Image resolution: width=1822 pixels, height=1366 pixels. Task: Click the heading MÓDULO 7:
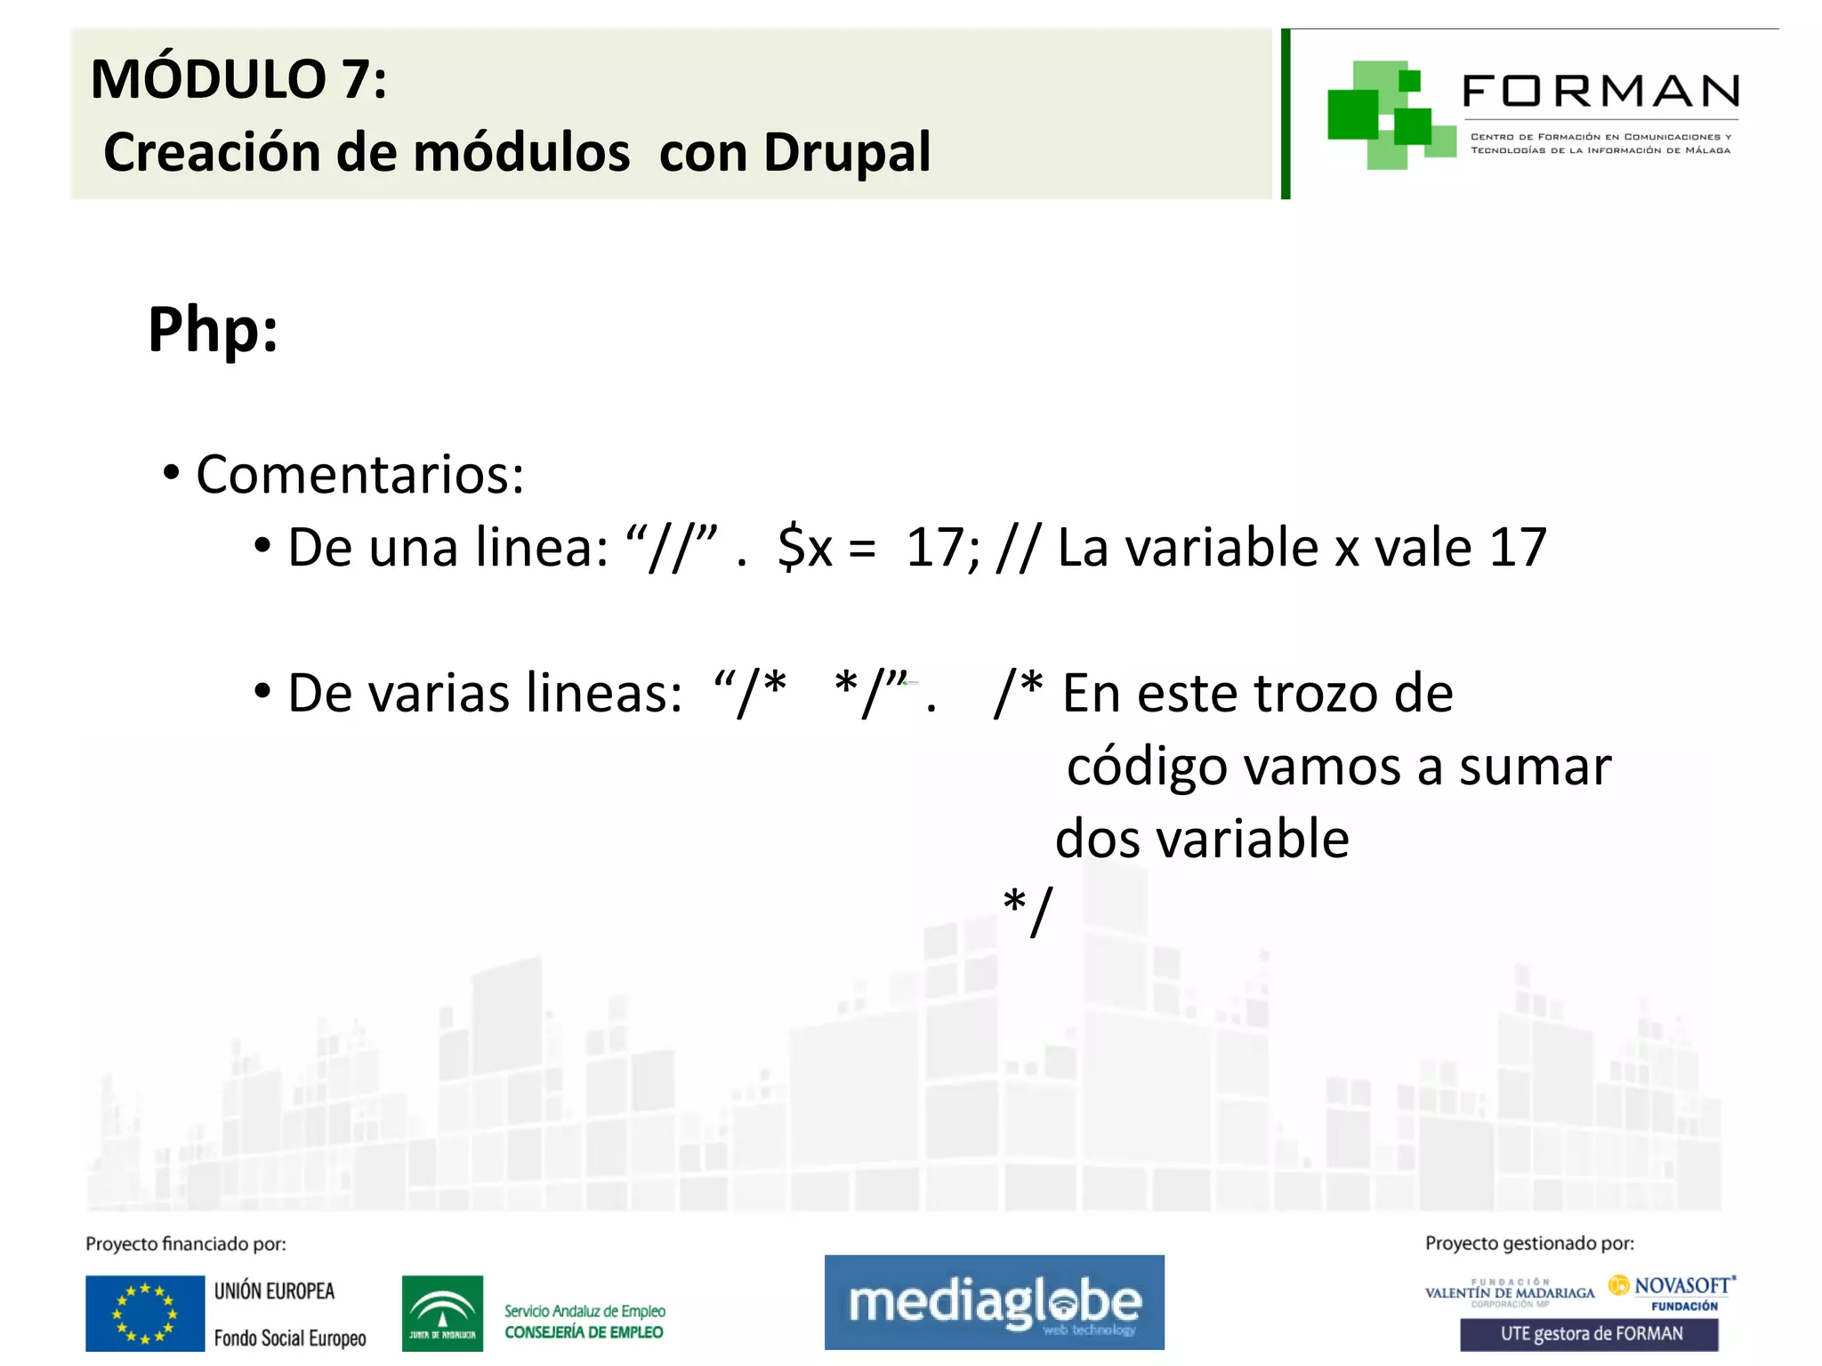pyautogui.click(x=238, y=79)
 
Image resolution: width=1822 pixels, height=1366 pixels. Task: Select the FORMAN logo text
pyautogui.click(x=1600, y=92)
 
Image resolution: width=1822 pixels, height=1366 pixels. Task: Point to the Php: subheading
pyautogui.click(x=213, y=330)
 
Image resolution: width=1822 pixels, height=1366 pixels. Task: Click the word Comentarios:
pyautogui.click(x=359, y=474)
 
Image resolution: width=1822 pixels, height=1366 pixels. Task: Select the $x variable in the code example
pyautogui.click(x=804, y=547)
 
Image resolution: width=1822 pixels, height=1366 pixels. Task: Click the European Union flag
pyautogui.click(x=145, y=1313)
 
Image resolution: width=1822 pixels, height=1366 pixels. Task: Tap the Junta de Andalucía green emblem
pyautogui.click(x=442, y=1313)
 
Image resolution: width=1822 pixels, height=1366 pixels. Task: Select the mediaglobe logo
pyautogui.click(x=994, y=1302)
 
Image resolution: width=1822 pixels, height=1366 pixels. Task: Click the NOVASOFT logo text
pyautogui.click(x=1681, y=1285)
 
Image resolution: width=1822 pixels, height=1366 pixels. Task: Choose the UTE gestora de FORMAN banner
pyautogui.click(x=1589, y=1334)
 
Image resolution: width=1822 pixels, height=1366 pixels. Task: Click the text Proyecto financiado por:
pyautogui.click(x=186, y=1243)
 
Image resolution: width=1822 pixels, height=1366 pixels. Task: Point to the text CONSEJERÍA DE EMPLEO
pyautogui.click(x=584, y=1332)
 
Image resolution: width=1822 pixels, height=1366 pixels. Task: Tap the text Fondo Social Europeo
pyautogui.click(x=290, y=1338)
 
